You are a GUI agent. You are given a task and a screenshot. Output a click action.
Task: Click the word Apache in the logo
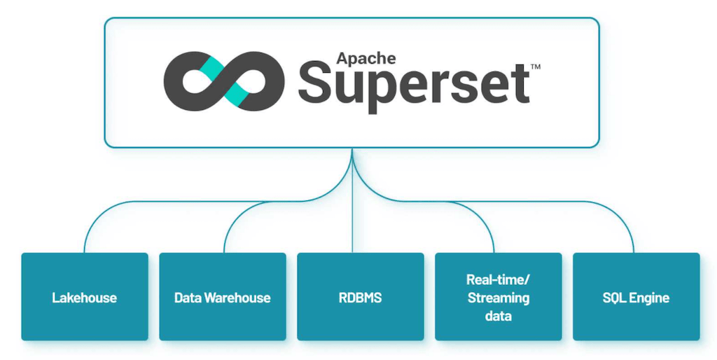point(366,57)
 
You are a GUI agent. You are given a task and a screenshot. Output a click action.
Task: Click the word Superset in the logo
point(414,86)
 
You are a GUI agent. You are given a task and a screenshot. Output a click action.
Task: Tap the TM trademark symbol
point(535,67)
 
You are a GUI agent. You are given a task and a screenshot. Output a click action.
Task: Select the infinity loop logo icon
point(224,81)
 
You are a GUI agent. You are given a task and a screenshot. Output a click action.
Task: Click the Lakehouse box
point(85,297)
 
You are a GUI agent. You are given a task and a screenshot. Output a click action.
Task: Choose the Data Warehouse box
point(223,297)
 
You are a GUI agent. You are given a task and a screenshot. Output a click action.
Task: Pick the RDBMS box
point(360,297)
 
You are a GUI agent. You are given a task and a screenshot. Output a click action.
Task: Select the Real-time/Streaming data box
point(498,297)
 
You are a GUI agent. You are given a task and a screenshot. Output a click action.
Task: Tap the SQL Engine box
point(636,297)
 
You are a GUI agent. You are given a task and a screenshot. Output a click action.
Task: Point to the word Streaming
point(498,298)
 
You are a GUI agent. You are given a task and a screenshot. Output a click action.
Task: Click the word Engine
point(649,298)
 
